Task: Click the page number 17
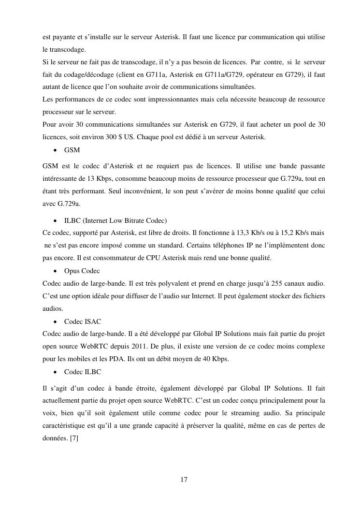click(x=184, y=480)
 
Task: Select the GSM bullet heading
click(x=72, y=150)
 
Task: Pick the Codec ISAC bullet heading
click(x=83, y=321)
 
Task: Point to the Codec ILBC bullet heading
click(x=83, y=372)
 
